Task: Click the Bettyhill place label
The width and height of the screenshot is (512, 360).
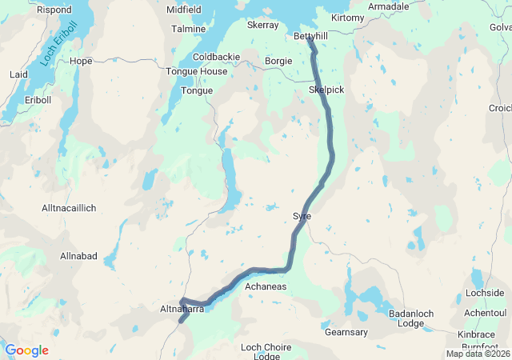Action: click(311, 37)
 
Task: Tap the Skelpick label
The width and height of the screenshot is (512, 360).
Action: click(326, 90)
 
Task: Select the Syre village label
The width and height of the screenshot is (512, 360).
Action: click(302, 217)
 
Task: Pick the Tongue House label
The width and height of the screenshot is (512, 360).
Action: click(196, 72)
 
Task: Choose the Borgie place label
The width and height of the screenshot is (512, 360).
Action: click(278, 61)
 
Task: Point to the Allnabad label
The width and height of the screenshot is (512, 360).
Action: click(78, 256)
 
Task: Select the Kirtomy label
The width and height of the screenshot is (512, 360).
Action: click(347, 18)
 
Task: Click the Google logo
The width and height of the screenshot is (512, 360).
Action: click(26, 350)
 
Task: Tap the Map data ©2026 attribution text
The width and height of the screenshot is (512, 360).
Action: click(478, 354)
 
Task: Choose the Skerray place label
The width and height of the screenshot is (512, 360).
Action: click(262, 26)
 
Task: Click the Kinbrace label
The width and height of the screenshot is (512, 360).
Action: click(477, 334)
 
